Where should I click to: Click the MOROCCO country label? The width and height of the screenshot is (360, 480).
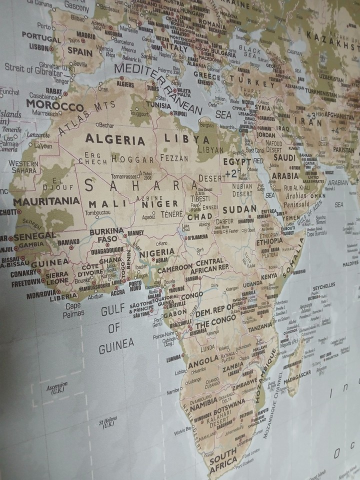[54, 106]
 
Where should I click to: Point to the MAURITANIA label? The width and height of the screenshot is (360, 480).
[46, 201]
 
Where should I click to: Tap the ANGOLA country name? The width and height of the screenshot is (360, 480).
[203, 359]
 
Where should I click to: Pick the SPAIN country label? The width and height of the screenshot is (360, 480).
[80, 51]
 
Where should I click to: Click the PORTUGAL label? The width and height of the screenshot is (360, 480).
[41, 38]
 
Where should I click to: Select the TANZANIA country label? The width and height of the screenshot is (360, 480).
[260, 327]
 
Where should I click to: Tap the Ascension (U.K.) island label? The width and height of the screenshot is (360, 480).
[57, 387]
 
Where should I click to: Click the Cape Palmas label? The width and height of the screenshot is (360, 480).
[72, 310]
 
